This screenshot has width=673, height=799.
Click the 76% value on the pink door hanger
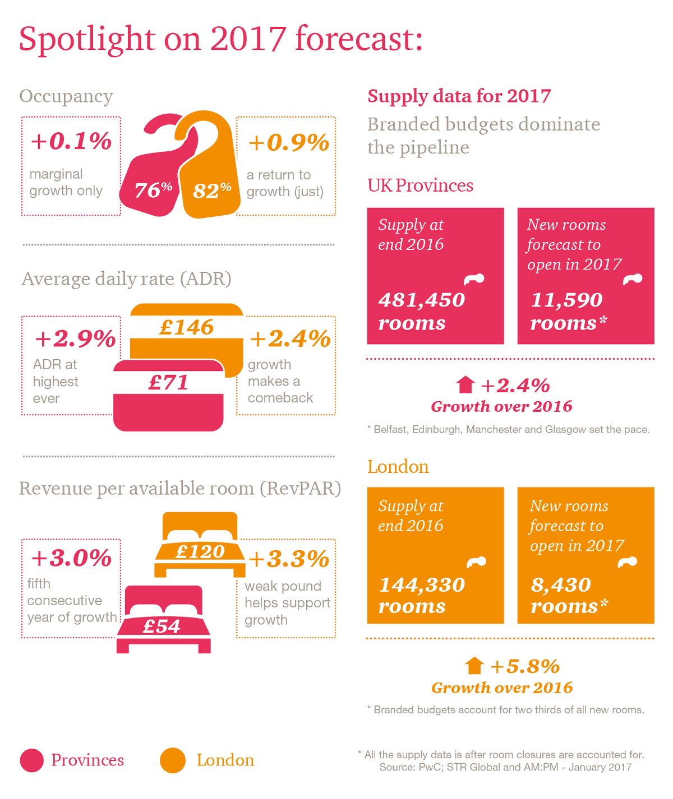pyautogui.click(x=153, y=189)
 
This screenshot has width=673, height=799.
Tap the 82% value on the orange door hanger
pyautogui.click(x=212, y=190)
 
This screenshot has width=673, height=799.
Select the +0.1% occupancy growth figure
pyautogui.click(x=71, y=141)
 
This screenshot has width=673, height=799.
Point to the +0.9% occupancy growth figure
pyautogui.click(x=288, y=142)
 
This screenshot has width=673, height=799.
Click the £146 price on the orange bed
pyautogui.click(x=187, y=327)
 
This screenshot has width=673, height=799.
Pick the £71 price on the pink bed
pyautogui.click(x=168, y=382)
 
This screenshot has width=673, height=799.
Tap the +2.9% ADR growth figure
pyautogui.click(x=75, y=338)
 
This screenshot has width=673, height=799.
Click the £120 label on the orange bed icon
pyautogui.click(x=200, y=551)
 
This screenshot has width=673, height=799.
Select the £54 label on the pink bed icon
pyautogui.click(x=162, y=626)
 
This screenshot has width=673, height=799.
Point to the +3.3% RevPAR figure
pyautogui.click(x=289, y=559)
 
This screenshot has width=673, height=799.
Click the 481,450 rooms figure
pyautogui.click(x=422, y=300)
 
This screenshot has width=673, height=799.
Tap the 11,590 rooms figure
pyautogui.click(x=566, y=300)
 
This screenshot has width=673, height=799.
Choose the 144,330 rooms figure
pyautogui.click(x=422, y=584)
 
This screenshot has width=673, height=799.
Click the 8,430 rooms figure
pyautogui.click(x=561, y=584)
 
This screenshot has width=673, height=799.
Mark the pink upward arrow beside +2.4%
pyautogui.click(x=465, y=384)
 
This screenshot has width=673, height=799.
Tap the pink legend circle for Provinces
pyautogui.click(x=31, y=760)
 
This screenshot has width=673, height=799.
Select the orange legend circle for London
pyautogui.click(x=173, y=760)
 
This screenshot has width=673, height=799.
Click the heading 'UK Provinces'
pyautogui.click(x=420, y=185)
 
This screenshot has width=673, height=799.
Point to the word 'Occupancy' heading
pyautogui.click(x=66, y=96)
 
